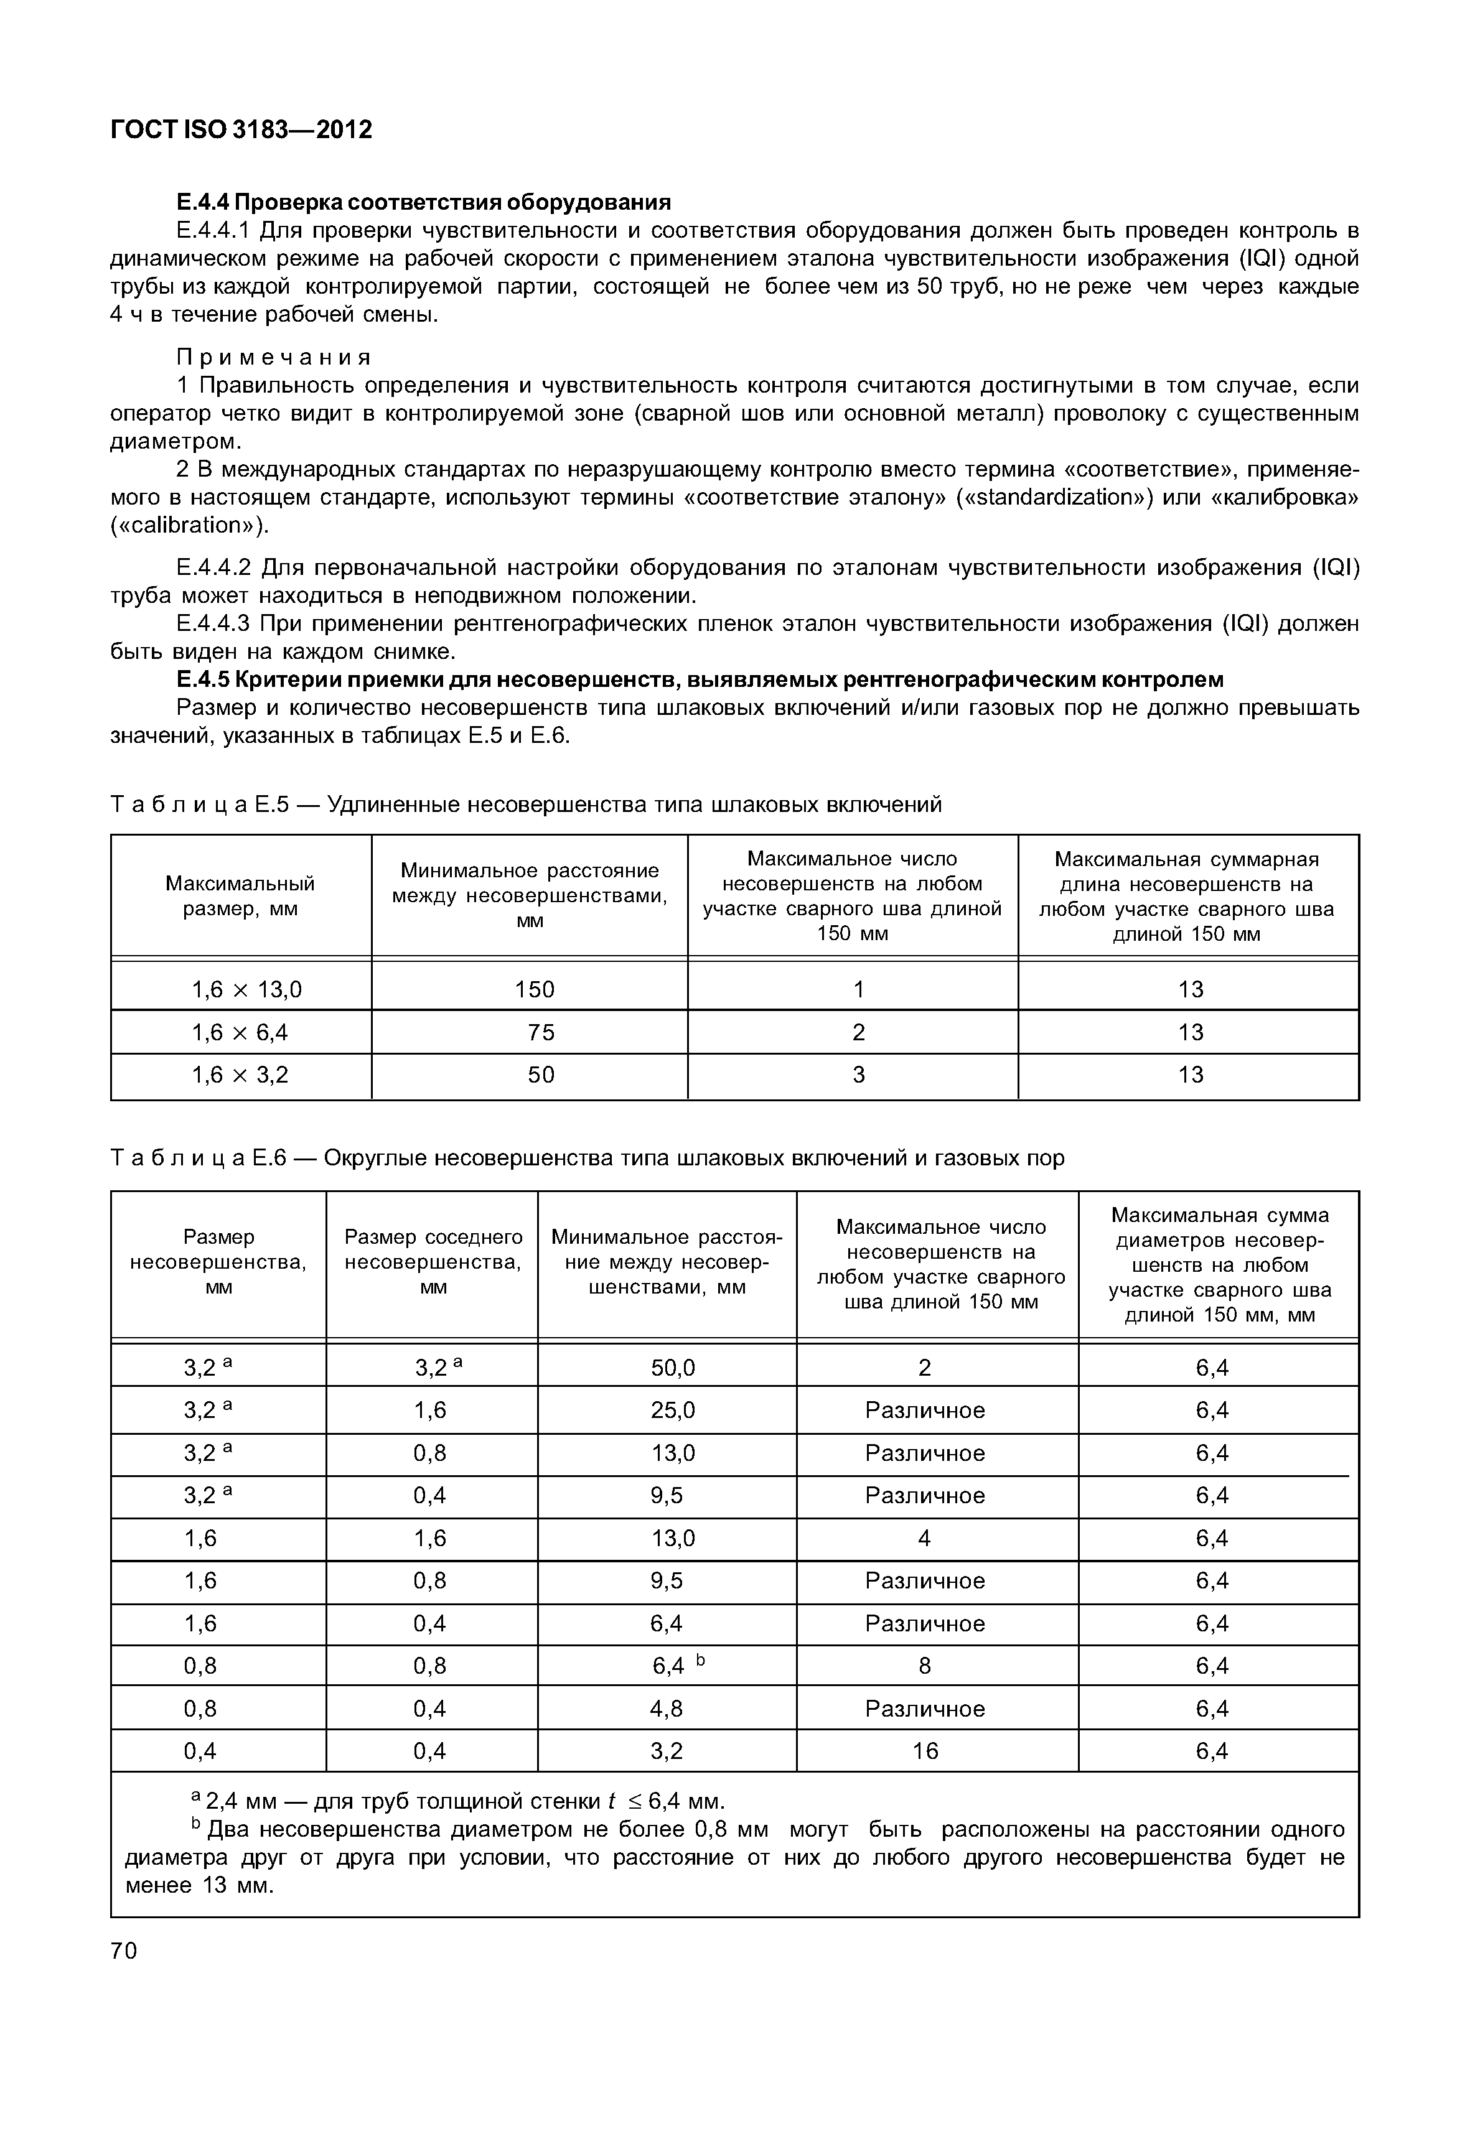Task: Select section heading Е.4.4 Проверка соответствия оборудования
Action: click(x=424, y=202)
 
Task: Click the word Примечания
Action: click(x=274, y=357)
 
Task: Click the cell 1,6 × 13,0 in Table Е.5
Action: click(x=246, y=990)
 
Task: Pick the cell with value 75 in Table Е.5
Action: click(x=541, y=1032)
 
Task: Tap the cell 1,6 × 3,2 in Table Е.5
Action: click(x=240, y=1075)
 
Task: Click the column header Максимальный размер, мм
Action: click(x=240, y=896)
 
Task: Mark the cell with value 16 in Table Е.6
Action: click(x=925, y=1751)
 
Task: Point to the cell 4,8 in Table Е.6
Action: click(x=666, y=1709)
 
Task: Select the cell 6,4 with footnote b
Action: click(x=672, y=1666)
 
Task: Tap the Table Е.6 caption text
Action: click(x=588, y=1158)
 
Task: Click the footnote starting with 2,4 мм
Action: click(x=461, y=1801)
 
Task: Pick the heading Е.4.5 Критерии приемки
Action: click(x=700, y=679)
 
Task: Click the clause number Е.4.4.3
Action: click(x=213, y=623)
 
